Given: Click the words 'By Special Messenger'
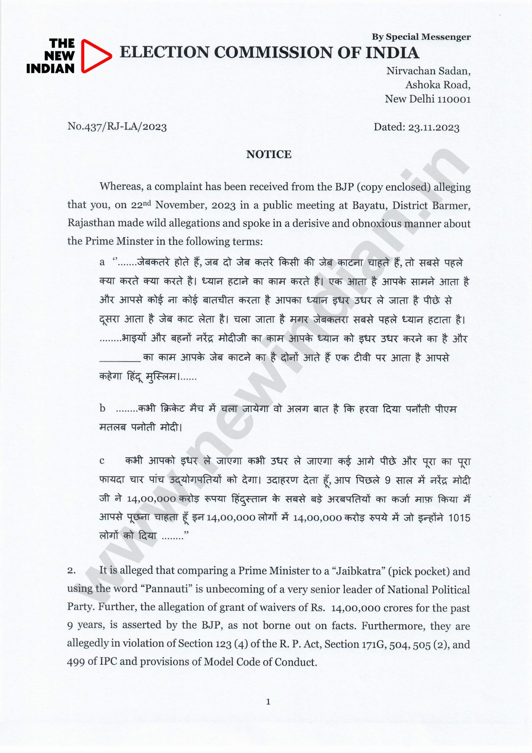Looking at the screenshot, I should [421, 37].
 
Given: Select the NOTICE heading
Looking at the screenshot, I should [269, 154].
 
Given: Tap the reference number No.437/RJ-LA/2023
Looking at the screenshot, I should [117, 126].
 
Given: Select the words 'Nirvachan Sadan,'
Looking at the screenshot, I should [428, 71].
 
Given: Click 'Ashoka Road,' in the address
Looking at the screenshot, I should [438, 85].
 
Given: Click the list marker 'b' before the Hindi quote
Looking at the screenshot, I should [102, 408].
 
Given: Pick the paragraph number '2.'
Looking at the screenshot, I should [71, 571].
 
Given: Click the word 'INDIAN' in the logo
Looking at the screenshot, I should [50, 69].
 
